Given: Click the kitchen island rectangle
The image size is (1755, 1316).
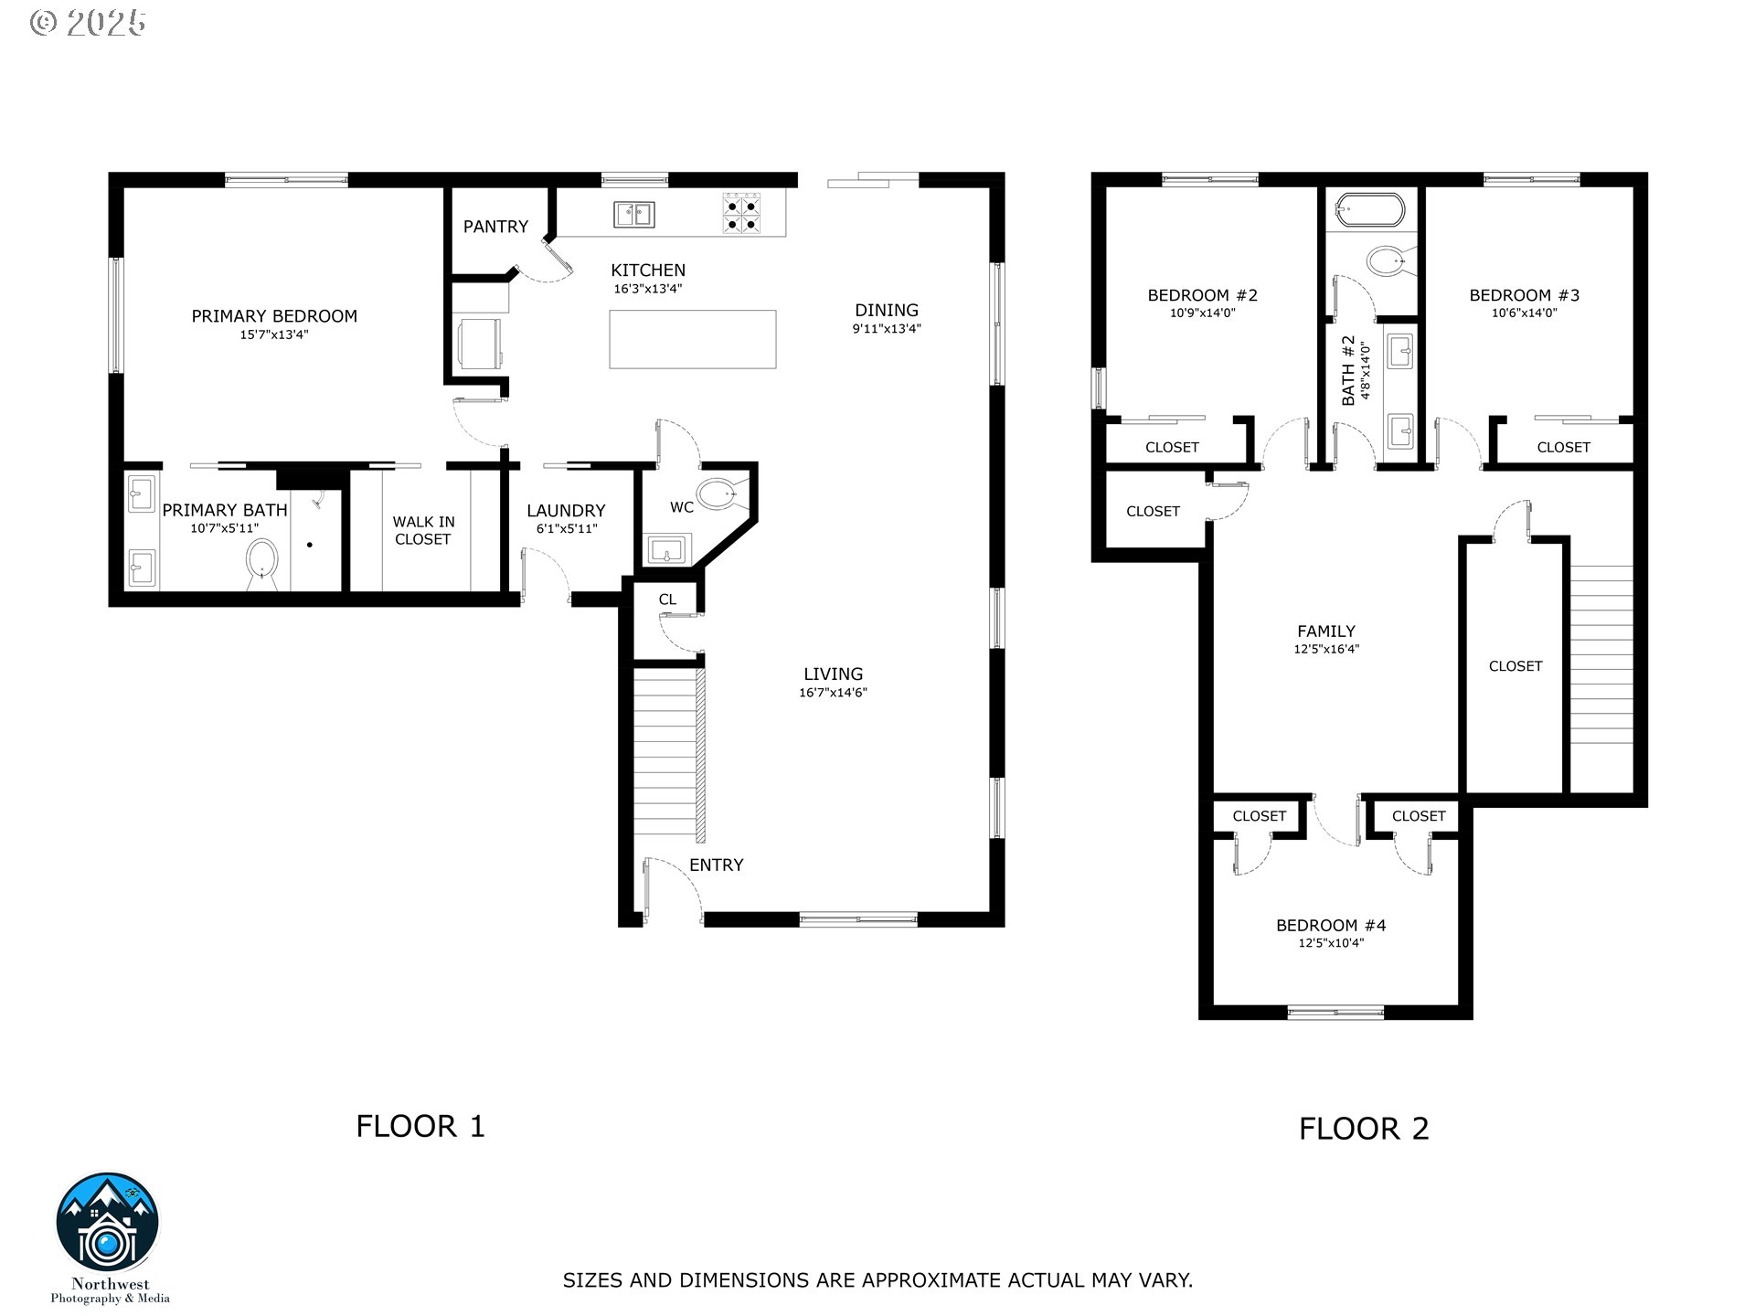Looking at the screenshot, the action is point(693,339).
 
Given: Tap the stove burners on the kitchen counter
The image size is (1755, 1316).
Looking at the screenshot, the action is point(742,213).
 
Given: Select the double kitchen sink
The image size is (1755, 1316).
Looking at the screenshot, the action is point(633,214).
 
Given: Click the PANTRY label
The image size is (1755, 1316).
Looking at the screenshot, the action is point(495,227).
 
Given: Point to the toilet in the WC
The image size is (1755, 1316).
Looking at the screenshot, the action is point(723,494).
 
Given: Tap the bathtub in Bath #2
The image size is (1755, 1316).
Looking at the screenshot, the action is point(1369,210).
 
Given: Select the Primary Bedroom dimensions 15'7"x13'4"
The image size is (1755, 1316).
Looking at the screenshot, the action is point(274,334).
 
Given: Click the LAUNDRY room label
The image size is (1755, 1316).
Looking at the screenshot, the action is point(566,511).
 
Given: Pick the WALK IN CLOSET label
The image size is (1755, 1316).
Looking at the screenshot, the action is point(423,531).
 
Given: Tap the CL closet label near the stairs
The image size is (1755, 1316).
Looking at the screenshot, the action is point(667,600).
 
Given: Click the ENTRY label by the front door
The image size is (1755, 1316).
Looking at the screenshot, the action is point(717,865).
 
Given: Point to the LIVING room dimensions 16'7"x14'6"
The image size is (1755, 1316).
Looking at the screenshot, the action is point(833,693).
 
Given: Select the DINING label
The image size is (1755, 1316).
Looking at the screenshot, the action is point(887,311).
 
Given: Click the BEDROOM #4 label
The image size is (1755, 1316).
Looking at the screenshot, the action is point(1331,926).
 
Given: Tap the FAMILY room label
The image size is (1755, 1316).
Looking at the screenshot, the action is point(1326,631).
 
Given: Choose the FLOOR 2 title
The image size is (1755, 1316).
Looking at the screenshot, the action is point(1364,1129).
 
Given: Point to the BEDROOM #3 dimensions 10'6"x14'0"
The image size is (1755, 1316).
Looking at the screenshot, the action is point(1525,313).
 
